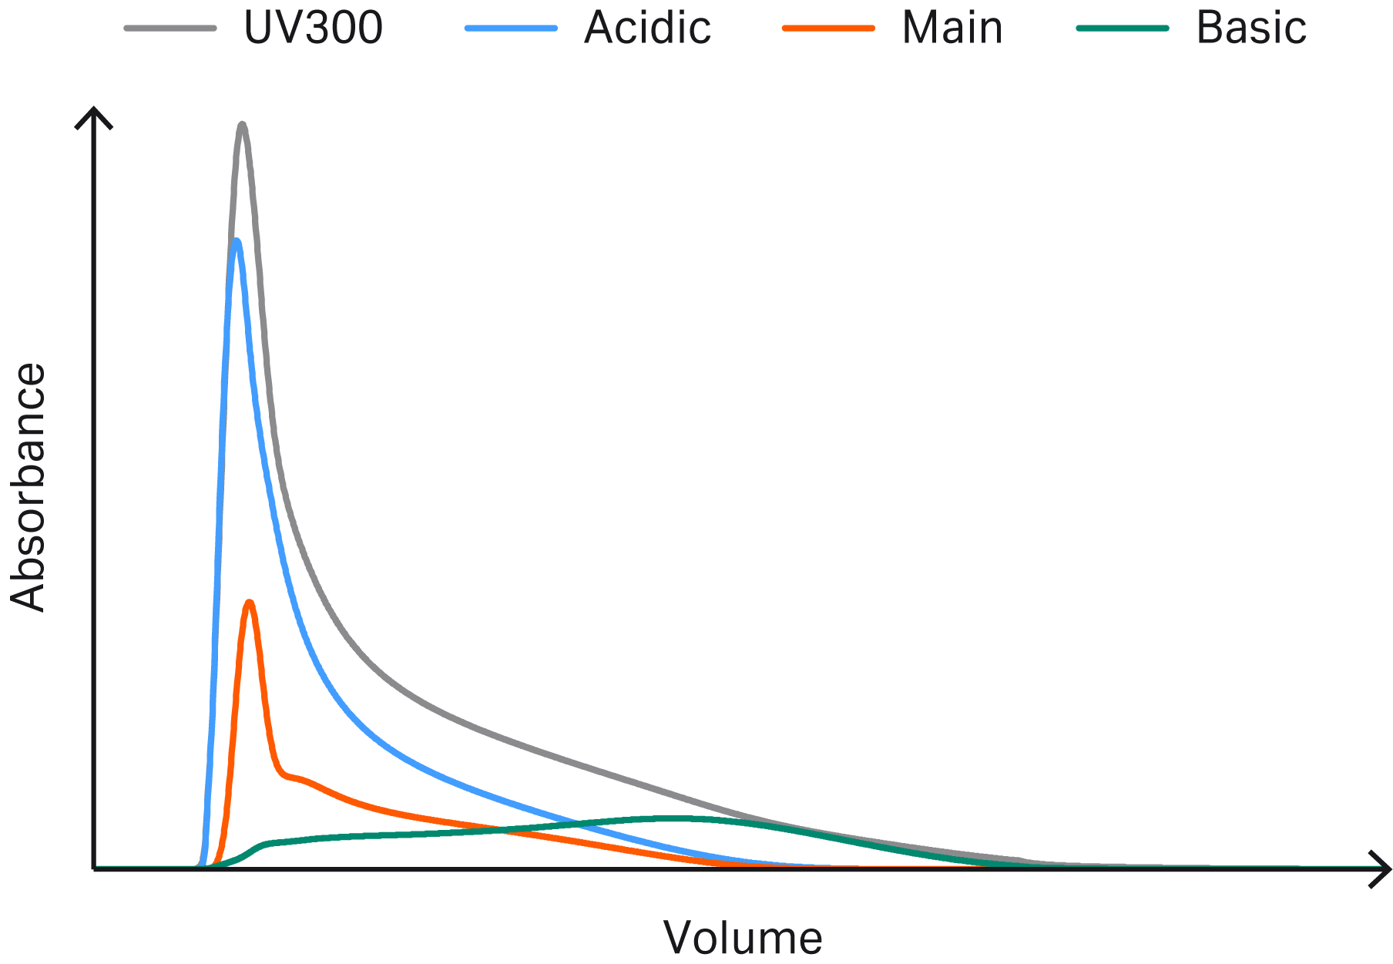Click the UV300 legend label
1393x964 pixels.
(x=313, y=29)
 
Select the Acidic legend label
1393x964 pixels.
(x=647, y=29)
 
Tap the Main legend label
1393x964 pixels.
(x=952, y=29)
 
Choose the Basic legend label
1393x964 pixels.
(x=1251, y=29)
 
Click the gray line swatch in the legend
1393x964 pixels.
(x=170, y=29)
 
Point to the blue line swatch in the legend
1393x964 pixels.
(x=511, y=29)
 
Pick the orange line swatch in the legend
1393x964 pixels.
(x=828, y=29)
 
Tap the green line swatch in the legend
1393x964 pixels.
(x=1123, y=29)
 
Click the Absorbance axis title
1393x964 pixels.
(x=29, y=487)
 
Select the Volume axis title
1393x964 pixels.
(x=743, y=938)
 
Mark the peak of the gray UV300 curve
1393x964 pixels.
(x=242, y=124)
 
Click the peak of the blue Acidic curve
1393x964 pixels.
(x=237, y=240)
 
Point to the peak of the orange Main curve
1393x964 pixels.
(x=249, y=602)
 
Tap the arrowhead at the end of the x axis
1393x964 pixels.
(x=1384, y=869)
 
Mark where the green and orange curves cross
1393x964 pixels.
(x=505, y=830)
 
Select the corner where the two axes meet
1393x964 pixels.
(x=94, y=869)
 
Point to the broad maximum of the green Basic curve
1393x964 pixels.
(x=678, y=818)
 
